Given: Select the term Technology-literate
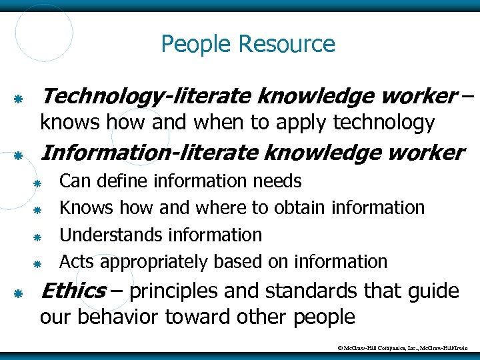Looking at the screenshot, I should (x=146, y=97).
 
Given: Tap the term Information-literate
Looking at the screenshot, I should (x=149, y=153).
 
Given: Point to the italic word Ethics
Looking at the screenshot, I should (x=73, y=291).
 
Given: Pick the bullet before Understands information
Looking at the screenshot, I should (x=39, y=237).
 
